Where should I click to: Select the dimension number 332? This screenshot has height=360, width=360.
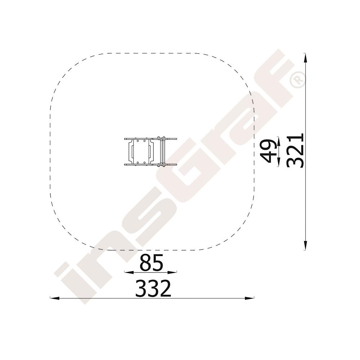[153, 288]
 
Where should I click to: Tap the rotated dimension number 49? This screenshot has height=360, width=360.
[268, 150]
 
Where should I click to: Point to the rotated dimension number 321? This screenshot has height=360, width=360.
[295, 150]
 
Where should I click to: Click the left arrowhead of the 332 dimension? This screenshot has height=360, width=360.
[55, 298]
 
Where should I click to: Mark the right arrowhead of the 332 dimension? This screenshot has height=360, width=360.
[249, 298]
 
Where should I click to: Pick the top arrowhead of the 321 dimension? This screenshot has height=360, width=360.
[305, 58]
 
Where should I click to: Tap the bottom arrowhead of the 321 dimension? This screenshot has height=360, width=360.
[305, 245]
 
